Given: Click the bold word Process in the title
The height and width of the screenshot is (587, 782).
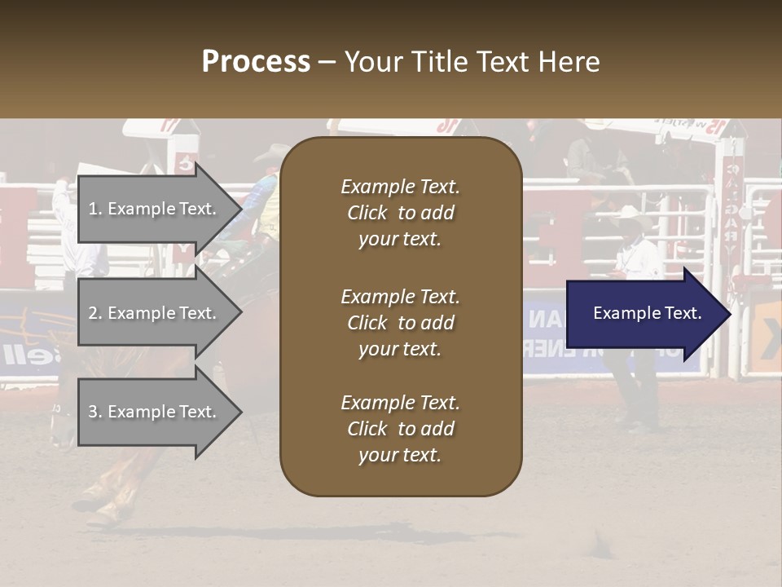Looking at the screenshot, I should coord(256,62).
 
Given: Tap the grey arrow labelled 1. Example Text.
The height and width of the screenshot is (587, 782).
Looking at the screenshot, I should coord(155,209).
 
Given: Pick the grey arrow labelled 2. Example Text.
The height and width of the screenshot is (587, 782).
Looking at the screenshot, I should coord(155,313).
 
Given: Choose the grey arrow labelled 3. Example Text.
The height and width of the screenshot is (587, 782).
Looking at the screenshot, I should coord(155,412).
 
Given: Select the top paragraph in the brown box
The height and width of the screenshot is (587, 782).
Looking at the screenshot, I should coord(400,213).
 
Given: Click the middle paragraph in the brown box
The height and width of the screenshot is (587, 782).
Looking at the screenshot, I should coord(400,323).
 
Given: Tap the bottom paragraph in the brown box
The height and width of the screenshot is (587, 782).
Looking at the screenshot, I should coord(400,429).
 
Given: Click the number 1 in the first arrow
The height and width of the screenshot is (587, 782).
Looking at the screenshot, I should coord(93,209).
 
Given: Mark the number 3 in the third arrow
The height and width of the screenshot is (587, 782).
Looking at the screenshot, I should coord(93,412).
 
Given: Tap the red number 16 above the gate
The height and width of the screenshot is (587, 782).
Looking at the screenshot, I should coord(446,126).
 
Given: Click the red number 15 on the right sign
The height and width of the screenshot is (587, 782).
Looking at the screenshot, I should coord(714,126).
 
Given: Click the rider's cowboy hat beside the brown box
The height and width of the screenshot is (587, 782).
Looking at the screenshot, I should coord(273,152).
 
